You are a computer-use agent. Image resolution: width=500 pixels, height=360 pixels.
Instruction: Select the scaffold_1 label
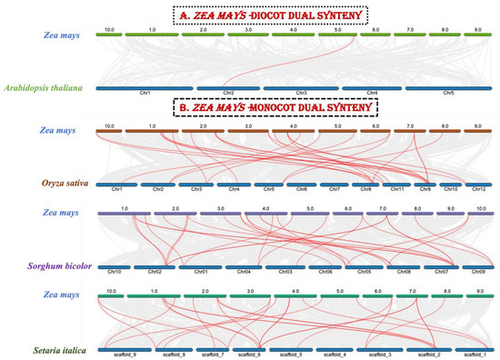tap(475, 353)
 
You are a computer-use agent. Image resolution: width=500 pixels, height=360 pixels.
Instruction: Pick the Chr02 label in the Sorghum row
tap(154, 271)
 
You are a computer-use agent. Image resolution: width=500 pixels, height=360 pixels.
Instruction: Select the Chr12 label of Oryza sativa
tap(478, 189)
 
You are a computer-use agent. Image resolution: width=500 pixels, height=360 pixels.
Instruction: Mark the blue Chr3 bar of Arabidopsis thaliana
tap(297, 88)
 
